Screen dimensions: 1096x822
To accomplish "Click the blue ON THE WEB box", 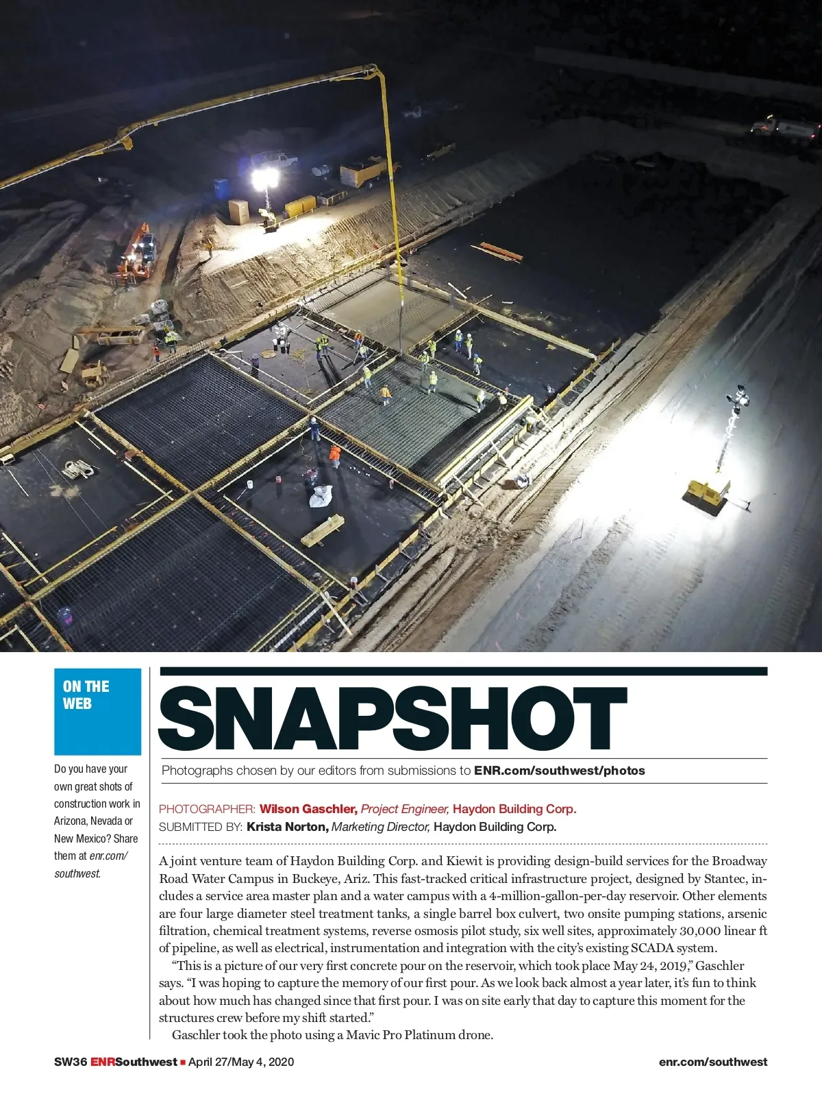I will [x=97, y=711].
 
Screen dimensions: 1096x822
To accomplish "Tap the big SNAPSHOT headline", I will [x=393, y=719].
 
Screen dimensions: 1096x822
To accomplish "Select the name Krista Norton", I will [x=288, y=827].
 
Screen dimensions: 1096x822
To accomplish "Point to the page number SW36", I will [x=70, y=1062].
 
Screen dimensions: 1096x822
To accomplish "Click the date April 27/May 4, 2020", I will [x=241, y=1062].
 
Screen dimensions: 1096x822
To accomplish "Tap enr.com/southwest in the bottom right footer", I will [x=712, y=1062].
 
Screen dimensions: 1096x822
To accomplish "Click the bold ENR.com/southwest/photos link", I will [x=559, y=771].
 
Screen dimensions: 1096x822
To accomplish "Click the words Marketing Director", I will [x=381, y=827].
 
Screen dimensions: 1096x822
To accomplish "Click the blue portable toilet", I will [x=221, y=188].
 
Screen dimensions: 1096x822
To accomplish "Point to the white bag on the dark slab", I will [x=321, y=495].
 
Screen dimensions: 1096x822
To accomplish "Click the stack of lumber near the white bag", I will [x=323, y=530].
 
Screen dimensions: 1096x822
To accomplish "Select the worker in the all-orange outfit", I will [x=334, y=455].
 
